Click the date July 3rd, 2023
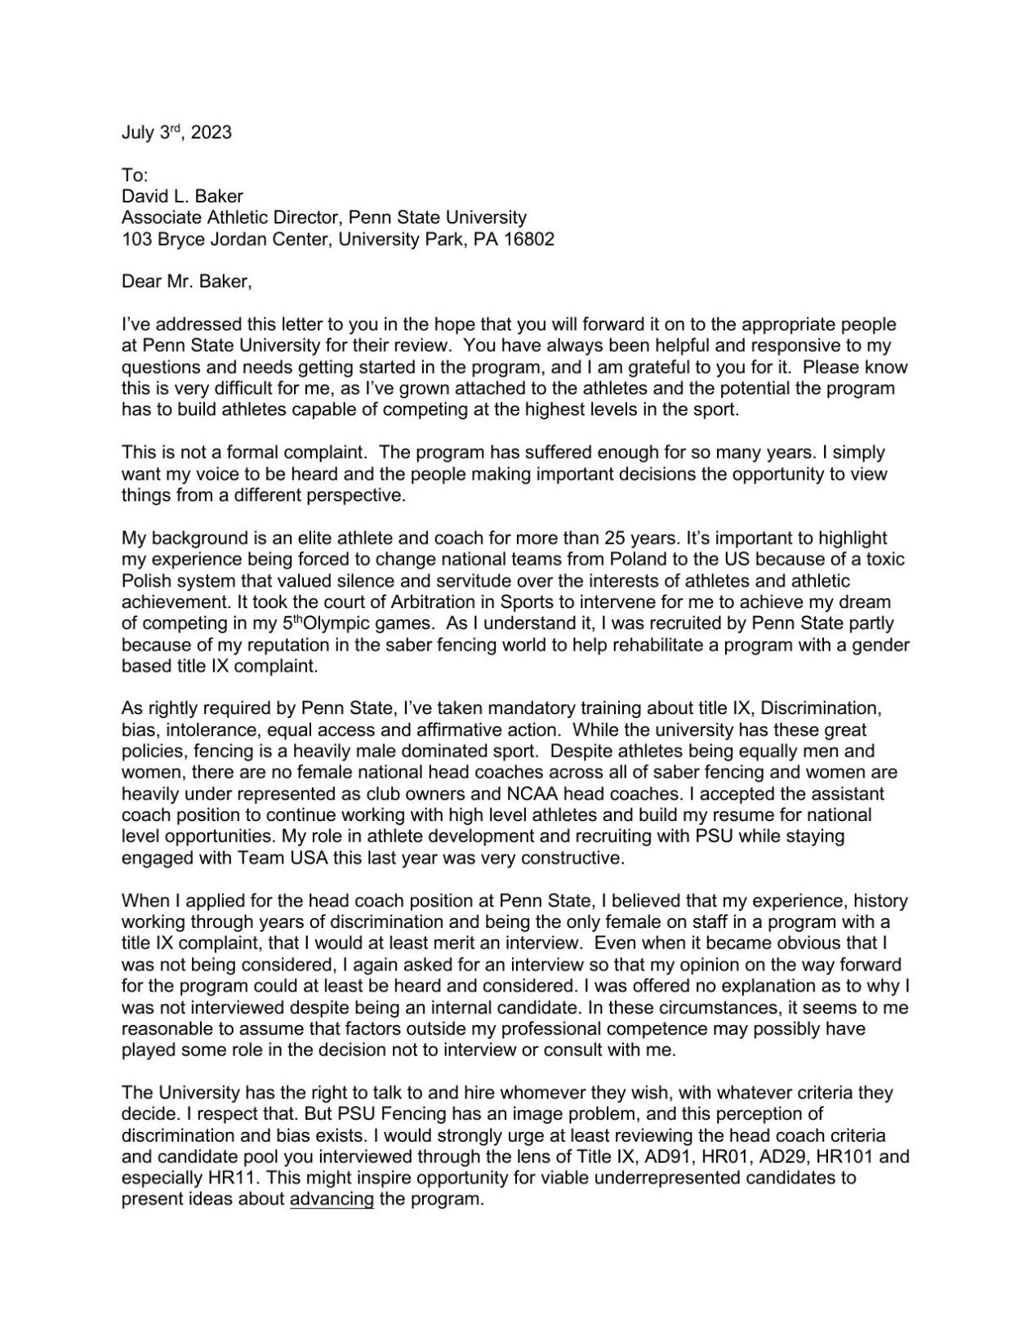pos(176,132)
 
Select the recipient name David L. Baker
pos(182,196)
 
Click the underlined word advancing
pos(332,1200)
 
